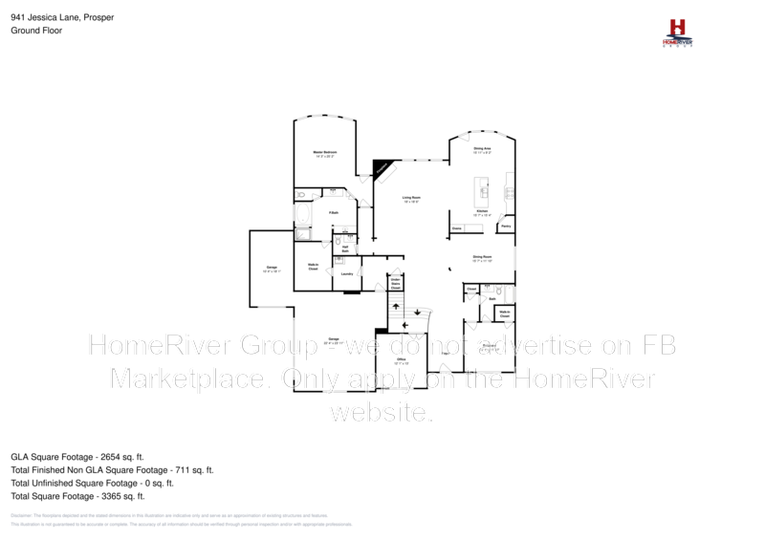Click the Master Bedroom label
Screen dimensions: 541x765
coord(325,153)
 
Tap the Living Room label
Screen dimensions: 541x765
coord(412,199)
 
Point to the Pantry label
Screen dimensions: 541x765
coord(505,227)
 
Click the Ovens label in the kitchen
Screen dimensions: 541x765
coord(457,228)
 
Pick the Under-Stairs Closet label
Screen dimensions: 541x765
coord(395,283)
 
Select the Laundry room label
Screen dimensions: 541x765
coord(346,273)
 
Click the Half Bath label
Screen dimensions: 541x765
coord(345,249)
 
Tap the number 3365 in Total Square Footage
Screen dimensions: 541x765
coord(109,496)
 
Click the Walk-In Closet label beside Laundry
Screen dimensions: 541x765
coord(313,268)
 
